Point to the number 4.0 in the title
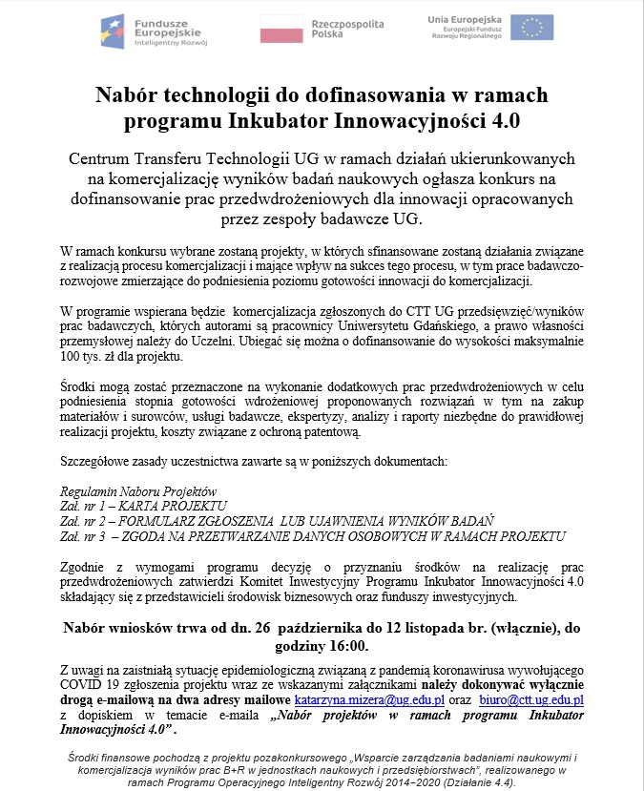[499, 123]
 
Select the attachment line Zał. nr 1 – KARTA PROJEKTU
[143, 506]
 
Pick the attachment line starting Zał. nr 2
[277, 521]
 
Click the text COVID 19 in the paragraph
[95, 684]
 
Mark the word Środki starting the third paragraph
[78, 386]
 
